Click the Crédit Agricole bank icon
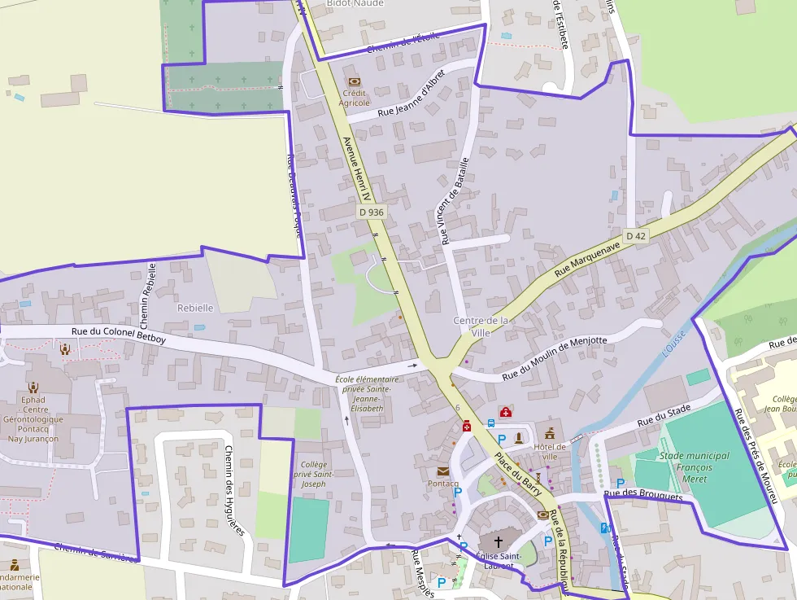coord(354,81)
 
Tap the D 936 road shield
coord(370,212)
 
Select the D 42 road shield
coord(636,236)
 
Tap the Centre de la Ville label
coord(481,326)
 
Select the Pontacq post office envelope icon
coord(443,471)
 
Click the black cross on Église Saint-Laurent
coord(499,541)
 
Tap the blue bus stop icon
coord(491,423)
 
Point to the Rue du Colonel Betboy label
coord(118,335)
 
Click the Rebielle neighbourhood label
coord(195,308)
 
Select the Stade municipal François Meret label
coord(686,467)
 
